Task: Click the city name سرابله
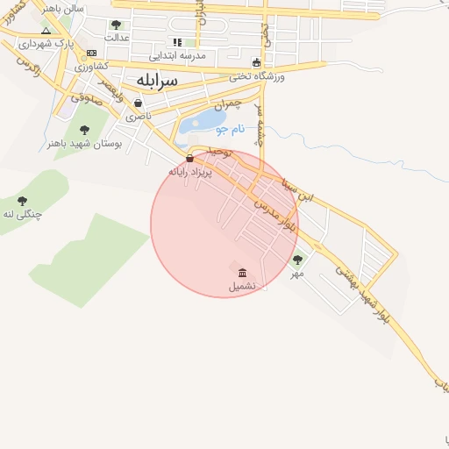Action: point(157,81)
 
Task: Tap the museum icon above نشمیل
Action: point(242,272)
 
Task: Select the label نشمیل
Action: point(242,286)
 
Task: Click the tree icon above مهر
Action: point(297,260)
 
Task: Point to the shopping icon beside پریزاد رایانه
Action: point(190,159)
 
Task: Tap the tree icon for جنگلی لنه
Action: point(22,201)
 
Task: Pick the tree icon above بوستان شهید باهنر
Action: point(84,130)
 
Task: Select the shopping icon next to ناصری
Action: point(139,103)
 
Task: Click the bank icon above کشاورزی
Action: point(91,53)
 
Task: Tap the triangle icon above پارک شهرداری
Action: point(46,31)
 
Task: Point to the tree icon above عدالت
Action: point(116,25)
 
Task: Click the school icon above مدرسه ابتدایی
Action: point(178,41)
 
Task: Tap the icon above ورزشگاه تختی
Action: point(256,62)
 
